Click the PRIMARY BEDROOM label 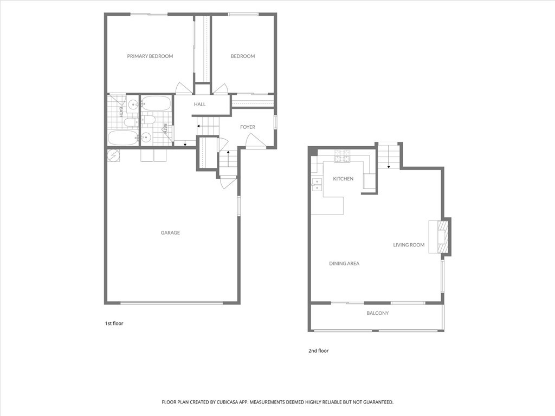[150, 56]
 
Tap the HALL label [199, 105]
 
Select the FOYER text [247, 127]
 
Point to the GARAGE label [170, 233]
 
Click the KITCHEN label [343, 179]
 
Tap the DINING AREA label [344, 264]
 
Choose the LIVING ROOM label [409, 245]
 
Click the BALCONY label [378, 313]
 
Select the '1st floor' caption [114, 323]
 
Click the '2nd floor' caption [319, 351]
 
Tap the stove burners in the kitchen [342, 156]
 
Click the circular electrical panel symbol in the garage [114, 155]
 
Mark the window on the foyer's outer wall [275, 121]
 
